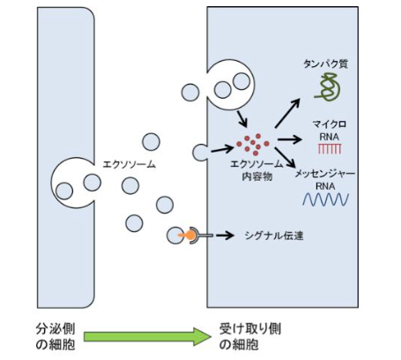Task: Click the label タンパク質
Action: coord(325,64)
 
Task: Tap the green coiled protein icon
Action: coord(328,87)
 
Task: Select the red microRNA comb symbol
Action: coord(330,149)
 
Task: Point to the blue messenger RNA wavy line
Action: coord(326,199)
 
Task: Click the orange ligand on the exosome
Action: coord(189,235)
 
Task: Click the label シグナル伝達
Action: coord(274,236)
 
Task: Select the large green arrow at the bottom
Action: coord(147,336)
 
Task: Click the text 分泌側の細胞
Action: coord(56,336)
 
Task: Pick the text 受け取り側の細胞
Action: coord(250,336)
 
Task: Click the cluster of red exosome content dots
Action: coord(253,144)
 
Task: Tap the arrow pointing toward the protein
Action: coord(287,113)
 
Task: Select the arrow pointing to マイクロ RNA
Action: coord(289,139)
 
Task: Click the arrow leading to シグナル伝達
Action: coord(225,236)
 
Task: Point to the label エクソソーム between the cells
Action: coord(129,164)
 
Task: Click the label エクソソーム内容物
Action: coord(256,170)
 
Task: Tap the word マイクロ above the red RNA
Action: coord(330,124)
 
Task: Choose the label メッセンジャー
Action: coord(324,174)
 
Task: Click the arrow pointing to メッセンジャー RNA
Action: coord(286,157)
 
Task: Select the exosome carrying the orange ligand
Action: coord(175,236)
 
